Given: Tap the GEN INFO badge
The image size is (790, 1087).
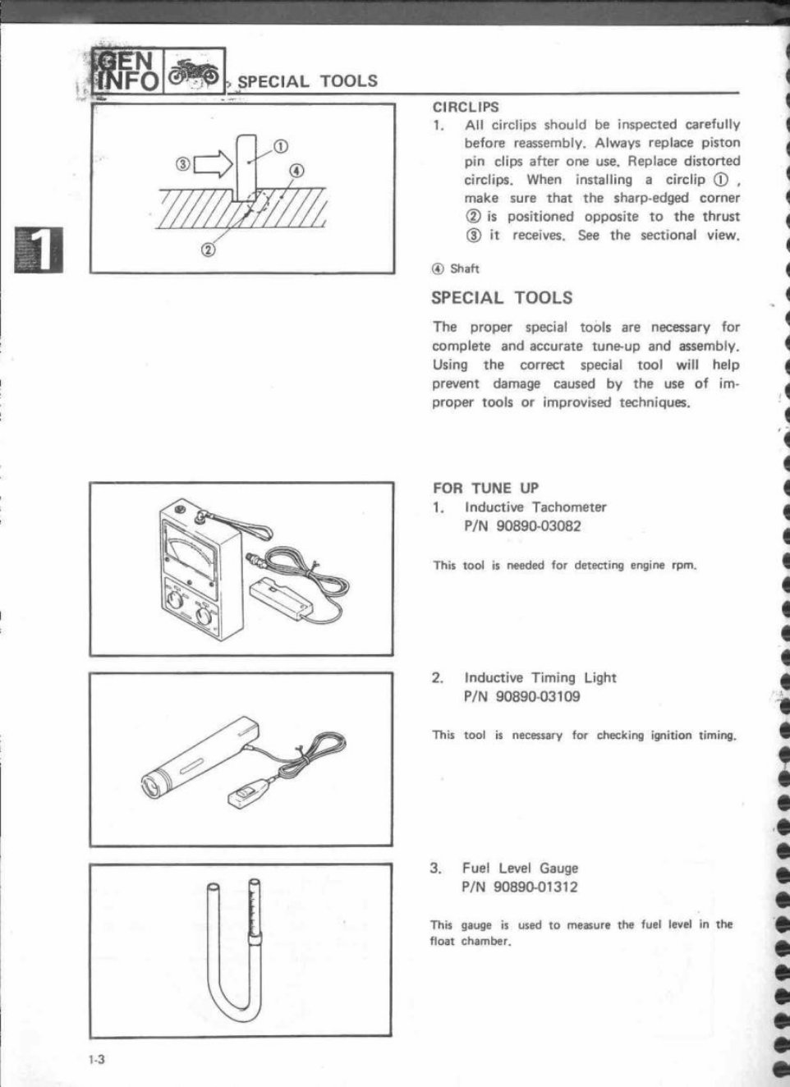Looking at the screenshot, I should point(127,70).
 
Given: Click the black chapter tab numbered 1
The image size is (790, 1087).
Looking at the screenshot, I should point(35,249).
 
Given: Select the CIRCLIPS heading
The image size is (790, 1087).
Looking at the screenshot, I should point(465,107).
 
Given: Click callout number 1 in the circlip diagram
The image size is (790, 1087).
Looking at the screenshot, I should point(279,147).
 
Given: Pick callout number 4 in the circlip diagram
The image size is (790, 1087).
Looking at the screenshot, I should point(296,171).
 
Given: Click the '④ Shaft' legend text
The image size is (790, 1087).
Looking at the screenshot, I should point(456,268).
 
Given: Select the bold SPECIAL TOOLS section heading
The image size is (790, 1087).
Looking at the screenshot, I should point(502,298).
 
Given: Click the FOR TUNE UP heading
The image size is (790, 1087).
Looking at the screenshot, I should point(485,488).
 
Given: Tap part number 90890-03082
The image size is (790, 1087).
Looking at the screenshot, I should point(538,526).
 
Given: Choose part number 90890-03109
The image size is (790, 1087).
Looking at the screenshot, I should point(538,697).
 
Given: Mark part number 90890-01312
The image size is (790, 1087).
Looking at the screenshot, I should point(536,887).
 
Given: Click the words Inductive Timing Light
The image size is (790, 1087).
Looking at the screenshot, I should point(540,677).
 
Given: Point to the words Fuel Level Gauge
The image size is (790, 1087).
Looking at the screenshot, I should point(520,868).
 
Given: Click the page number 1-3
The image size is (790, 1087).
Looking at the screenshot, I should point(97,1059).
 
